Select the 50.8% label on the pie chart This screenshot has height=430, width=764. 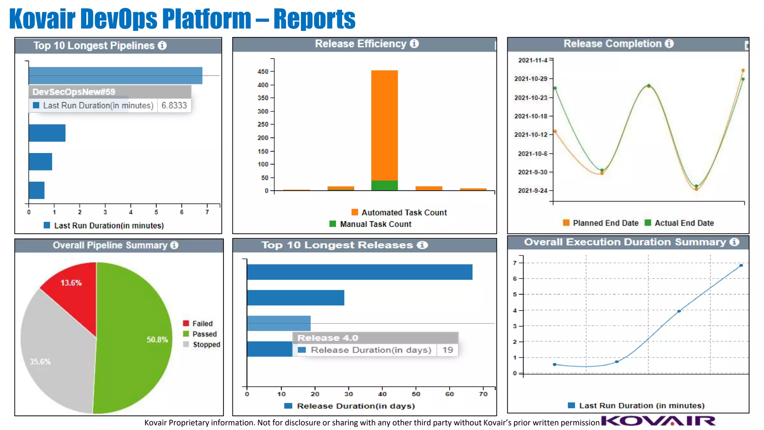[157, 340]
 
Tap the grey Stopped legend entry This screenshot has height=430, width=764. [202, 345]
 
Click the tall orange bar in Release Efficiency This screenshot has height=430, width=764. [384, 125]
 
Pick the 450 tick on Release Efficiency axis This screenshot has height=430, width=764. [263, 71]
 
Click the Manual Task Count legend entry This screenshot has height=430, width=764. [370, 224]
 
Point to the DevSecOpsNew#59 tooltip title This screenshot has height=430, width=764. [74, 92]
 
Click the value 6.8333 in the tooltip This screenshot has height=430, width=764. [174, 106]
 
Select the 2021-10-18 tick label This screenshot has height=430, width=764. [530, 116]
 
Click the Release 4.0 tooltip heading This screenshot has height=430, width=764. [328, 338]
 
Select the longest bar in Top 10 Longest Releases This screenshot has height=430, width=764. [359, 272]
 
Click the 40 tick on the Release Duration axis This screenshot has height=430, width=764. [382, 394]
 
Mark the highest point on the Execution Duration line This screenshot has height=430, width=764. [741, 265]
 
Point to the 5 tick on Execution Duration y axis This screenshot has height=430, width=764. [515, 295]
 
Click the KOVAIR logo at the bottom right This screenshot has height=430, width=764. [658, 421]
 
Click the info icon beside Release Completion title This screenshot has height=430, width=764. [669, 44]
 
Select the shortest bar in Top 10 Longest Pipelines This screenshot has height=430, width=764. [37, 190]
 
